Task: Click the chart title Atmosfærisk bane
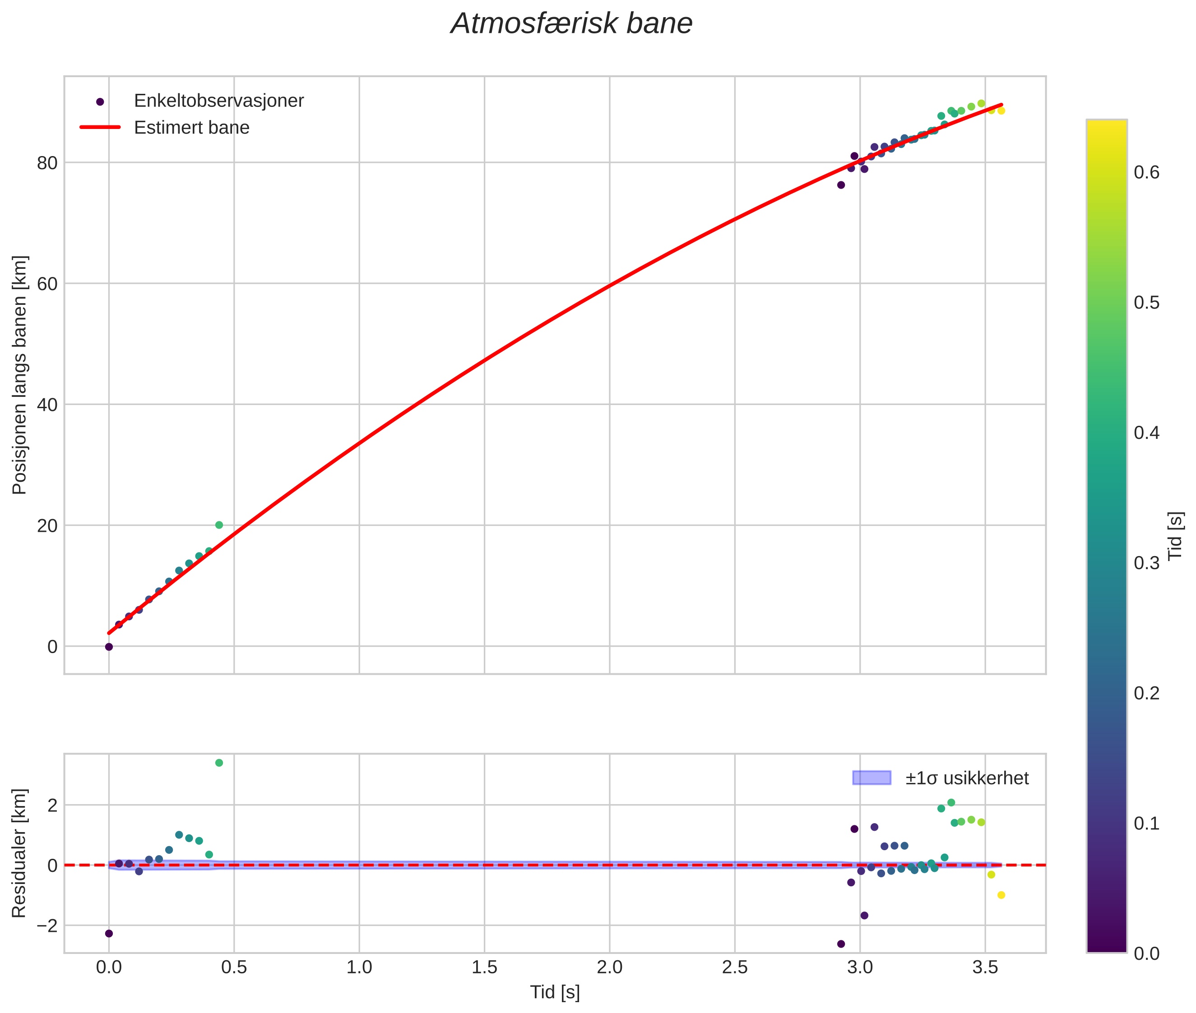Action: click(571, 24)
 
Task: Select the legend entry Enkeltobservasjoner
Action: click(218, 101)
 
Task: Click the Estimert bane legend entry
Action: click(191, 128)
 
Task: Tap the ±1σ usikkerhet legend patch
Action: click(872, 778)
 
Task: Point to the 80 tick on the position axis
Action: click(47, 163)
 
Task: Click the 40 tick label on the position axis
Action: click(47, 405)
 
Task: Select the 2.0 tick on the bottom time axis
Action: click(609, 967)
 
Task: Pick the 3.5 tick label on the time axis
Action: click(985, 967)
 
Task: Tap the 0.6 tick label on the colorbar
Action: click(1146, 172)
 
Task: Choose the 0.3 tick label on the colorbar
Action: click(1146, 563)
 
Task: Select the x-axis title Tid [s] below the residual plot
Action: click(555, 992)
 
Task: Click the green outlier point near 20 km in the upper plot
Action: click(219, 525)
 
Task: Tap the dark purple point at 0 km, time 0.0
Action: click(109, 647)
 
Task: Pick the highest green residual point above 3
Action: click(219, 763)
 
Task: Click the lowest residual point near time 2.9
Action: click(841, 944)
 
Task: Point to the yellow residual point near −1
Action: click(1001, 895)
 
